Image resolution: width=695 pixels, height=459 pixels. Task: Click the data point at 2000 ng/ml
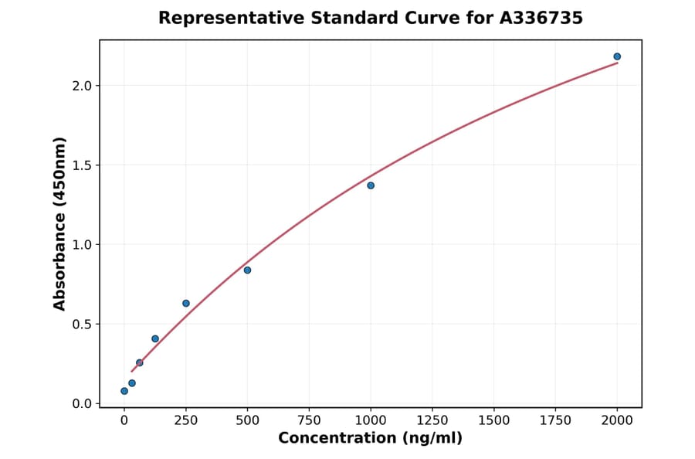click(617, 56)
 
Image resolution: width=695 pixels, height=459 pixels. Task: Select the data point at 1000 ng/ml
click(371, 185)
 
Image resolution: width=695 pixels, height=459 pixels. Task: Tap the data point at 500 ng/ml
click(247, 270)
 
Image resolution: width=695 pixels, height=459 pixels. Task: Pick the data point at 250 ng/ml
click(186, 303)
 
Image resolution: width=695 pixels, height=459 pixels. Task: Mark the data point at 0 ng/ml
click(124, 391)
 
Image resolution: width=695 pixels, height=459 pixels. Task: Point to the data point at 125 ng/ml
click(155, 338)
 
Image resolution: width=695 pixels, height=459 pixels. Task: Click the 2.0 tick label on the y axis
click(81, 86)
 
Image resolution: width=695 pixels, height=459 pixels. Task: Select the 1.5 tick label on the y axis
click(81, 165)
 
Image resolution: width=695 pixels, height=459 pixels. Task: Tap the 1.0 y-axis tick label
click(81, 245)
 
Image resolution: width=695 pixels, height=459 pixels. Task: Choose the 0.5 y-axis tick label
click(81, 325)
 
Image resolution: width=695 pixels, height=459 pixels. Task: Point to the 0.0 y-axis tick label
click(81, 404)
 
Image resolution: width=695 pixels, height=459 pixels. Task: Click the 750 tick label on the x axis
click(309, 420)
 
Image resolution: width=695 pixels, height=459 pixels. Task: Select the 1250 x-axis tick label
click(432, 420)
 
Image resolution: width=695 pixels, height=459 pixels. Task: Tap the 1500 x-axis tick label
click(494, 420)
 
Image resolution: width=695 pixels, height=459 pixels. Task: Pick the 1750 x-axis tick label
click(556, 420)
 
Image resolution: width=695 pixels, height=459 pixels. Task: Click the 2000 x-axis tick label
click(618, 420)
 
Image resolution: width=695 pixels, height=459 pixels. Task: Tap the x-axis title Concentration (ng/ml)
click(371, 439)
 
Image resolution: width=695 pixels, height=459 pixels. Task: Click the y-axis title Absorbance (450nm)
click(60, 223)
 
